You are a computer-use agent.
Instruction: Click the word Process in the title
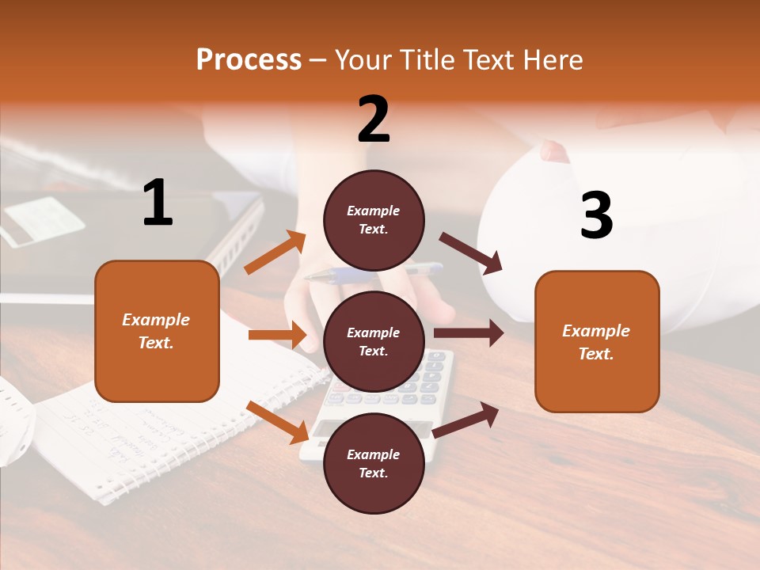[x=249, y=59]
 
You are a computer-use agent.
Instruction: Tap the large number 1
[x=158, y=203]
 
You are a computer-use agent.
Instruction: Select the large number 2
[x=374, y=120]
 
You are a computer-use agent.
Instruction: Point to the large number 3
[x=596, y=216]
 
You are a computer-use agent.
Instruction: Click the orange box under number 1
[x=157, y=331]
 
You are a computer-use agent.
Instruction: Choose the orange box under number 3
[x=597, y=341]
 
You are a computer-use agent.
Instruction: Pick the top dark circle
[x=374, y=219]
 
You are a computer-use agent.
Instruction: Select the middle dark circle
[x=374, y=341]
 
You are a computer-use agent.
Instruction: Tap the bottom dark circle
[x=374, y=463]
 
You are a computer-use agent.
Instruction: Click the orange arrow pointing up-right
[x=275, y=253]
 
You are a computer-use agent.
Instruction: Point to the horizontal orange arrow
[x=277, y=335]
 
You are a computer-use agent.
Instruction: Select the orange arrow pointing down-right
[x=277, y=422]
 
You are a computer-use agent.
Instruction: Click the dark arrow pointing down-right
[x=471, y=253]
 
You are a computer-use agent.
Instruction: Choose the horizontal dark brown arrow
[x=469, y=332]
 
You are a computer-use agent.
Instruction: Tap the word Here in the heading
[x=554, y=59]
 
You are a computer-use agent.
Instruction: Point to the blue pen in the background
[x=372, y=273]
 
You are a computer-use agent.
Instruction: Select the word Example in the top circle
[x=374, y=211]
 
